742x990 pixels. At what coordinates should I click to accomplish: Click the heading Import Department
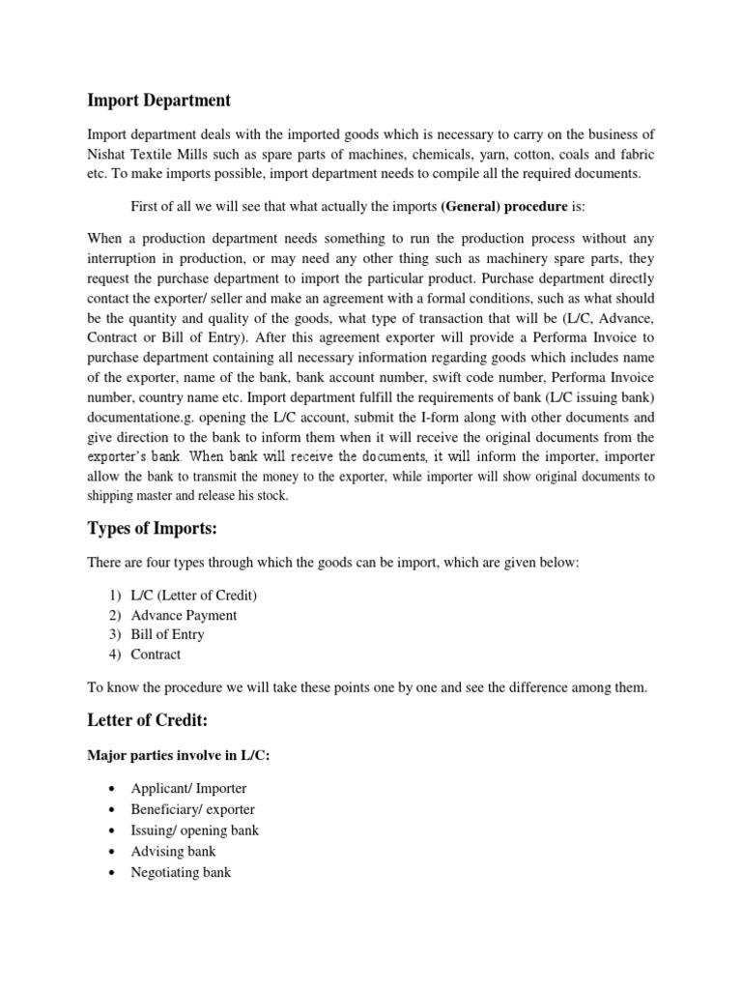159,100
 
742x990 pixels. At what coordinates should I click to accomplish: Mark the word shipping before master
113,496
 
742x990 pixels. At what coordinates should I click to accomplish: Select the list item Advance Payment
183,615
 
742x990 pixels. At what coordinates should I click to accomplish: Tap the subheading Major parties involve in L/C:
179,756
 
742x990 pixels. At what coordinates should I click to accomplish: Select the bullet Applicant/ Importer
188,788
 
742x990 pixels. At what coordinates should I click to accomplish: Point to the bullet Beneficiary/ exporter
192,809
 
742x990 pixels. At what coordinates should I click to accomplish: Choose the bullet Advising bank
173,851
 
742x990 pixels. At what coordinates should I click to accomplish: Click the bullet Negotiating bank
181,872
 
